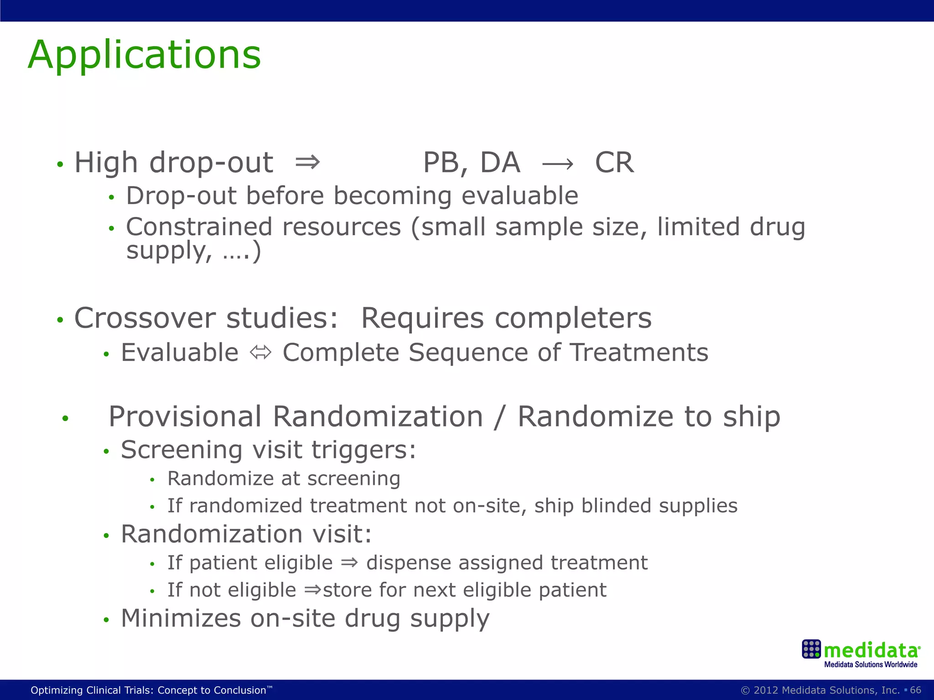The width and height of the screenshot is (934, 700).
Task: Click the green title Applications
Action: (144, 55)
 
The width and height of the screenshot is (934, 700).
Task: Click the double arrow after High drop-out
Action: (307, 162)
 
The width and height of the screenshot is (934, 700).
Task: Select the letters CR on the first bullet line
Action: (614, 163)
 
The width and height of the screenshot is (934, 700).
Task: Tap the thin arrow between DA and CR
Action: (557, 164)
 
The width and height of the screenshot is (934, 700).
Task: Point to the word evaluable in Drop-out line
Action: (519, 196)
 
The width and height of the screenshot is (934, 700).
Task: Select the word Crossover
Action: (145, 318)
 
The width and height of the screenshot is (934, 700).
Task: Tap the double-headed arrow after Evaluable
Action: (261, 353)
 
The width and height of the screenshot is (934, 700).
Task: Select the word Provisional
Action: (185, 417)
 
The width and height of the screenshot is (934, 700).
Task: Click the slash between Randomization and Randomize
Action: (500, 417)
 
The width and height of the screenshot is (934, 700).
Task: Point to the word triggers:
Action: (363, 450)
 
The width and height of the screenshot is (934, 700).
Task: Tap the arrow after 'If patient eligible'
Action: (349, 562)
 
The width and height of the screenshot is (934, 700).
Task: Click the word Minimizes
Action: (181, 618)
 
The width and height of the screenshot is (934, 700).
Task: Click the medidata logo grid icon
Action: (811, 649)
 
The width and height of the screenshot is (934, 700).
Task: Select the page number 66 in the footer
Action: (915, 690)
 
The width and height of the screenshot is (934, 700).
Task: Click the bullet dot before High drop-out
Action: (60, 165)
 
